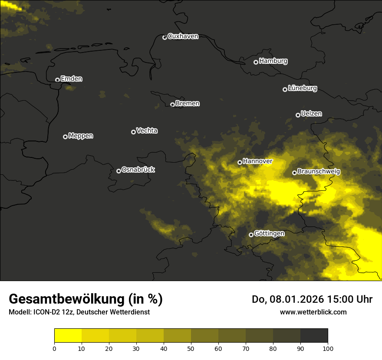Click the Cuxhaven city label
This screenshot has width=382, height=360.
point(183,36)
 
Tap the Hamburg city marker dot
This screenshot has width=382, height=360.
point(256,62)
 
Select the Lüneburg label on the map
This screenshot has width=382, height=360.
point(302,88)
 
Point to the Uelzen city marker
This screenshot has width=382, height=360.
point(298,115)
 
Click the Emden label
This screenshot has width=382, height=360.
point(71,79)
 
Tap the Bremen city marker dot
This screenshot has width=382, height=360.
point(172,105)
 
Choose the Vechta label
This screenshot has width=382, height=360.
point(147,131)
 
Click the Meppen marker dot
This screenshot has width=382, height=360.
point(65,137)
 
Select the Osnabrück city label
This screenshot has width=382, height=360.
point(138,170)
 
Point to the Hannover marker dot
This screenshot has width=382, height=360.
point(240,162)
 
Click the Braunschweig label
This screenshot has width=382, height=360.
point(319,172)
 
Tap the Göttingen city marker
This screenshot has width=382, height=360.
point(251,235)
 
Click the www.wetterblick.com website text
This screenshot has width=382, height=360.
point(313,312)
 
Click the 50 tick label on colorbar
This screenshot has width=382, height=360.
point(191,348)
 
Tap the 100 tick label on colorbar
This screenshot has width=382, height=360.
point(328,348)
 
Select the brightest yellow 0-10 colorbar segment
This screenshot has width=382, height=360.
point(68,336)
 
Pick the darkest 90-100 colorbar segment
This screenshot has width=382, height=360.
point(314,336)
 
